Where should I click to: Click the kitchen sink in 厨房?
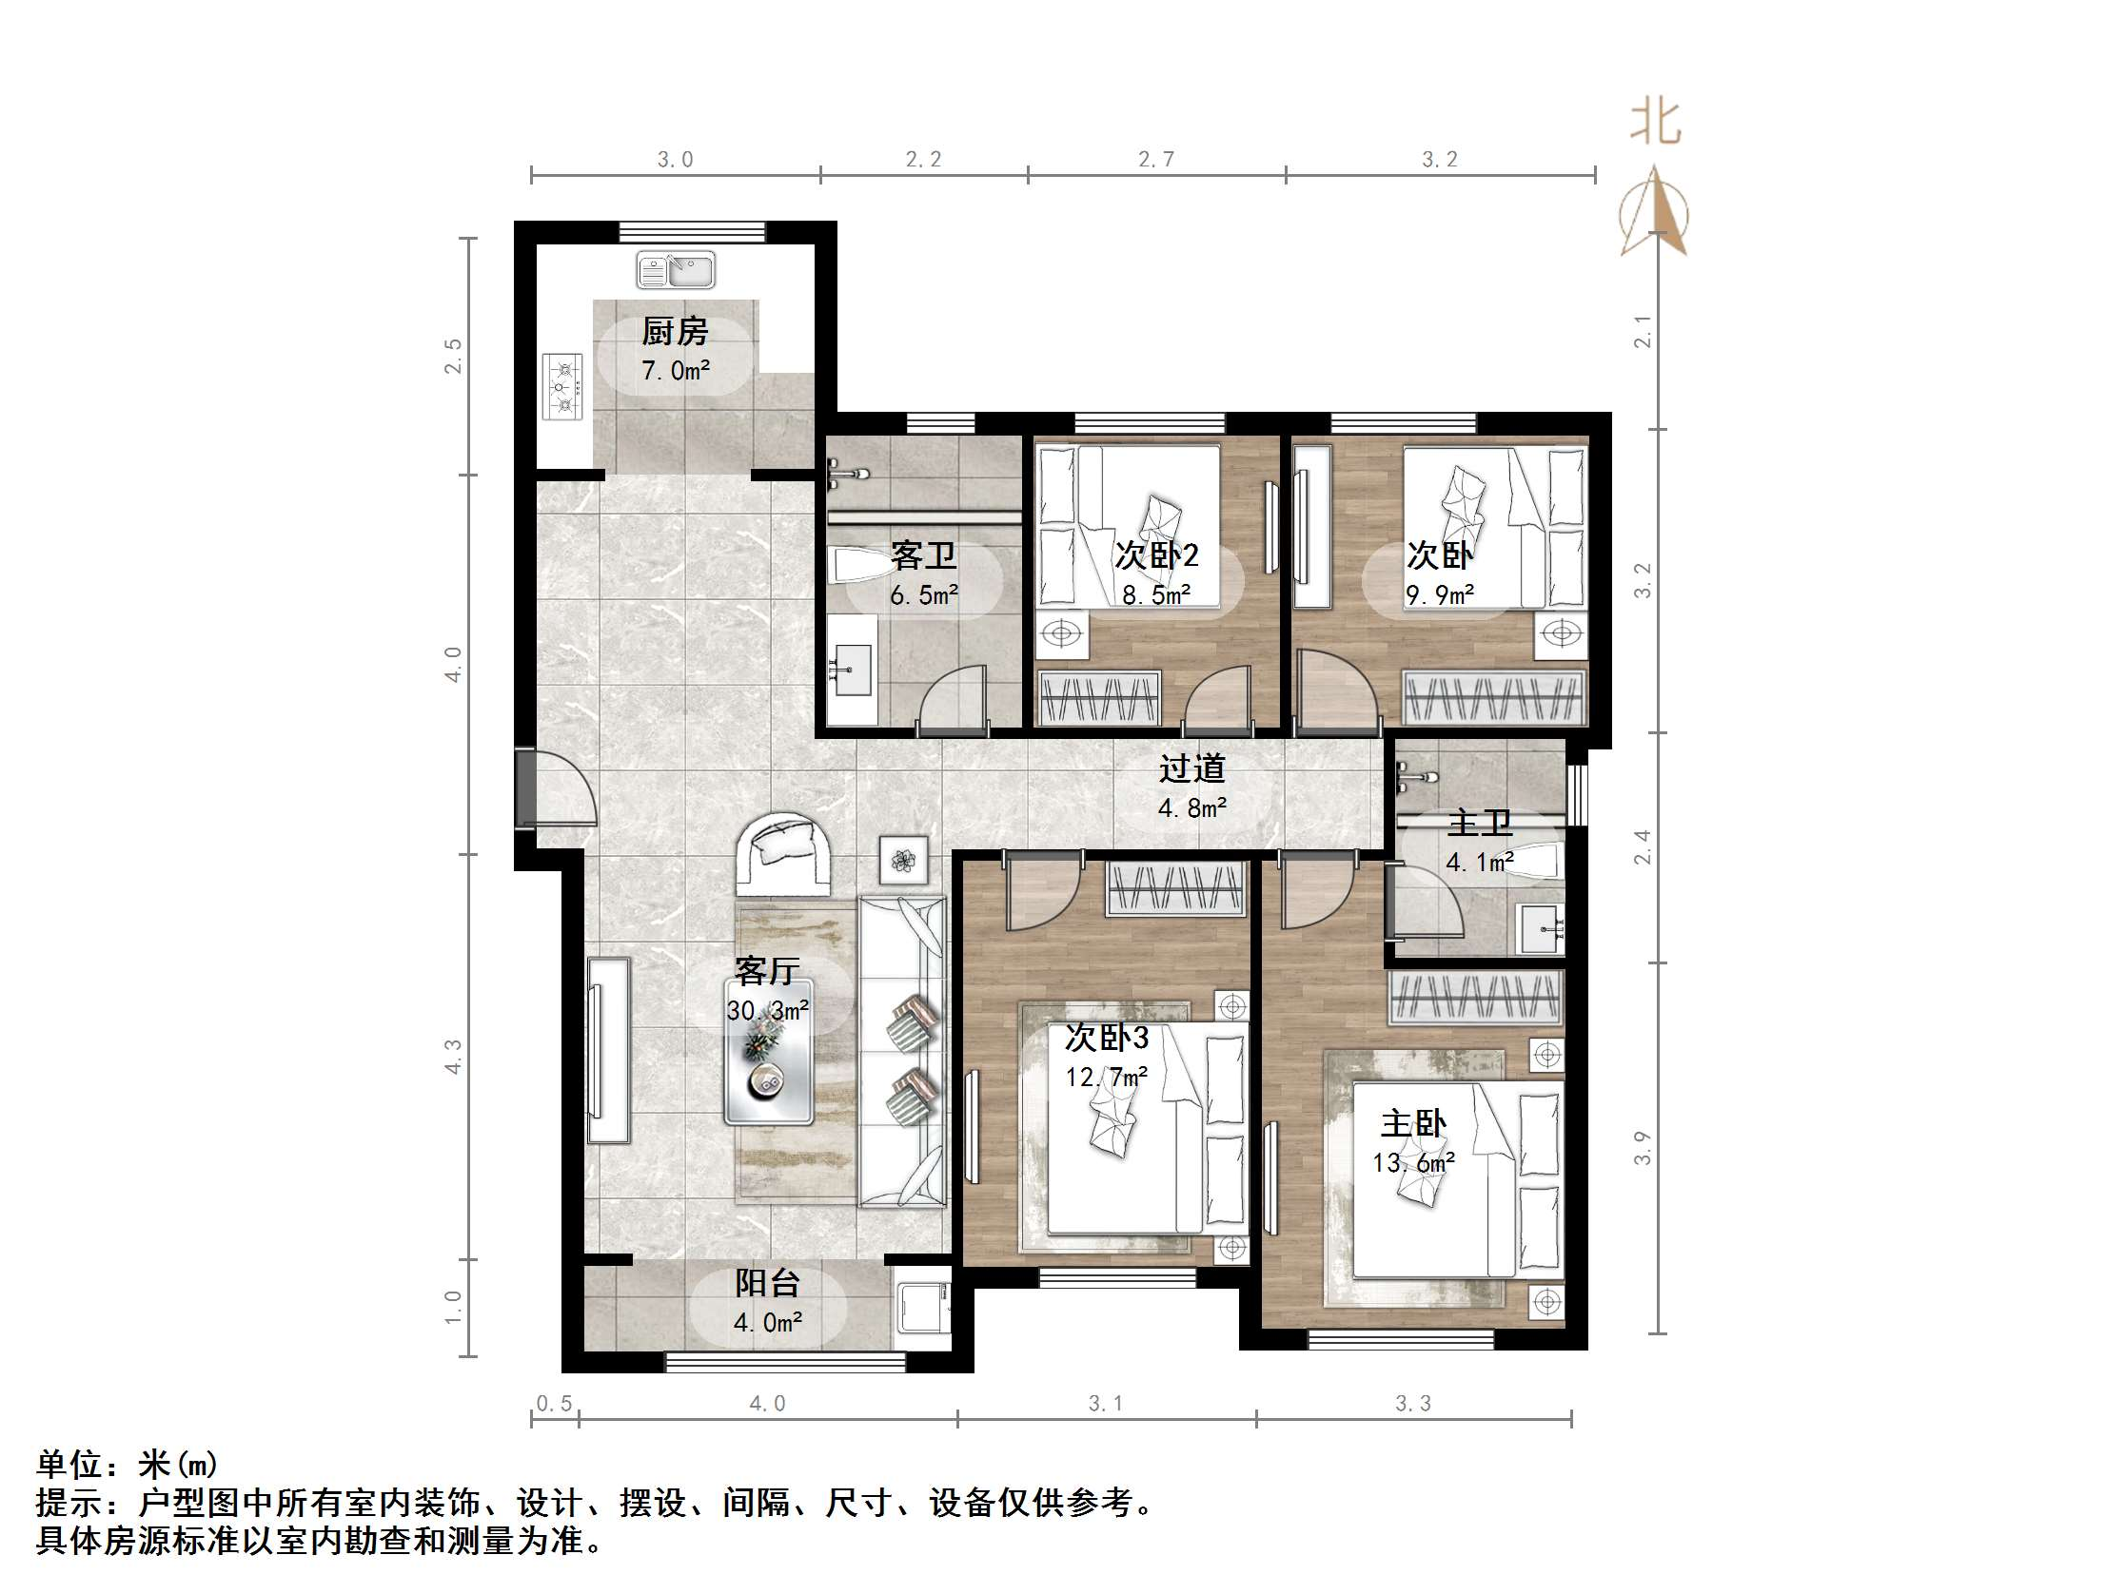pyautogui.click(x=676, y=270)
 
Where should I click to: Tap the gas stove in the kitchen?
pyautogui.click(x=563, y=386)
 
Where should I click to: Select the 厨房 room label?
pyautogui.click(x=675, y=333)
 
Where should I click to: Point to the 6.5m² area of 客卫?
pyautogui.click(x=924, y=595)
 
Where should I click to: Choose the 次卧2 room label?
pyautogui.click(x=1156, y=555)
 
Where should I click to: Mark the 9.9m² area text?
pyautogui.click(x=1439, y=595)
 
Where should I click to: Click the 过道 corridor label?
pyautogui.click(x=1191, y=768)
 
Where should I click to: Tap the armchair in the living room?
pyautogui.click(x=783, y=854)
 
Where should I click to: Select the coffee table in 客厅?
pyautogui.click(x=769, y=1053)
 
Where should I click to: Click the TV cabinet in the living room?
pyautogui.click(x=608, y=1050)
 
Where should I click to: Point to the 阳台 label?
pyautogui.click(x=767, y=1284)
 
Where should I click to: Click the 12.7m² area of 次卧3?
pyautogui.click(x=1106, y=1077)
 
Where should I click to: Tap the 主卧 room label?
pyautogui.click(x=1413, y=1124)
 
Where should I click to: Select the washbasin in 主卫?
pyautogui.click(x=1542, y=929)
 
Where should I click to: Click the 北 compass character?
pyautogui.click(x=1655, y=123)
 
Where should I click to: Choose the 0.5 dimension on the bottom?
pyautogui.click(x=554, y=1404)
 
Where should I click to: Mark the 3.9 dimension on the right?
pyautogui.click(x=1643, y=1148)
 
